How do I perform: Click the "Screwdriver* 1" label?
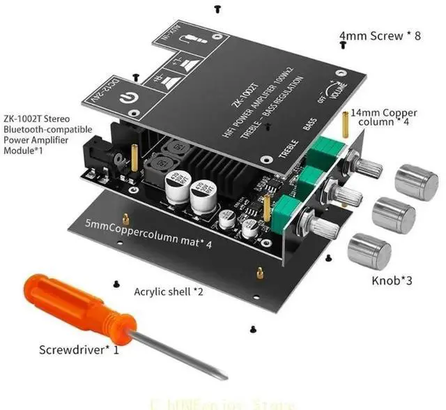[78, 349]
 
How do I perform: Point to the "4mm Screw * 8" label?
[380, 36]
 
